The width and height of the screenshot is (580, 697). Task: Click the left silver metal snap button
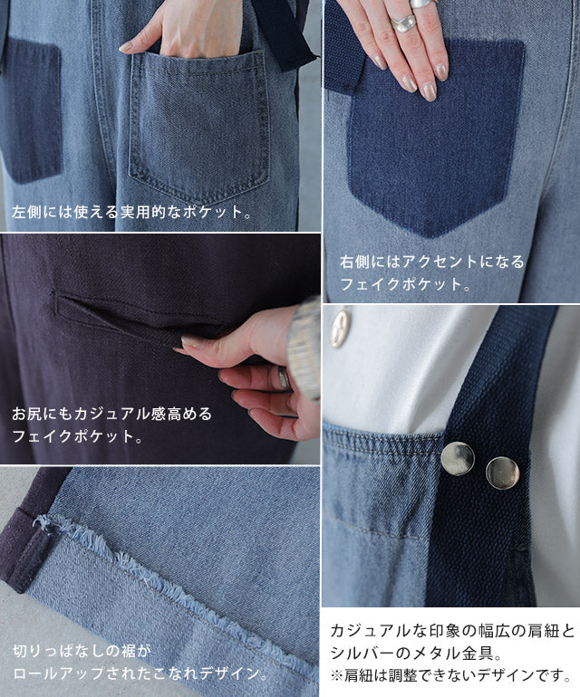tap(457, 458)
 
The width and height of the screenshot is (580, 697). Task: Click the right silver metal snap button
tap(503, 473)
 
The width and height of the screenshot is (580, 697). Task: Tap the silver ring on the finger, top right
tap(403, 24)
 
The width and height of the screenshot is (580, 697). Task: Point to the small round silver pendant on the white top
tap(341, 328)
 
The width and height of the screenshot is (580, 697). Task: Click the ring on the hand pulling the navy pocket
tap(283, 377)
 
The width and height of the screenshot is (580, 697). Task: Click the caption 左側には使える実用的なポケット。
tap(131, 212)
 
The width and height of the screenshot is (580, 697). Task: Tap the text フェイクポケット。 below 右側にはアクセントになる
tap(405, 283)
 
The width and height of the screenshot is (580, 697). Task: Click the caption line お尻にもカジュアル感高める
tap(112, 414)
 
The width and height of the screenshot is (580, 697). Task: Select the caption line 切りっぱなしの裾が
tap(82, 652)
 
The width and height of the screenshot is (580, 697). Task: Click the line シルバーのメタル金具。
tap(416, 653)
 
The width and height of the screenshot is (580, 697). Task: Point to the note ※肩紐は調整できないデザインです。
tap(451, 675)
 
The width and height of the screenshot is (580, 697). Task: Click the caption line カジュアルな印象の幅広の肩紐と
tap(453, 631)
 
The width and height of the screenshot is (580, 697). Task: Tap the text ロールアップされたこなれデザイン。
tap(140, 673)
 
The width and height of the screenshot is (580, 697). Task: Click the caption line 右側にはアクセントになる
tap(432, 262)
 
